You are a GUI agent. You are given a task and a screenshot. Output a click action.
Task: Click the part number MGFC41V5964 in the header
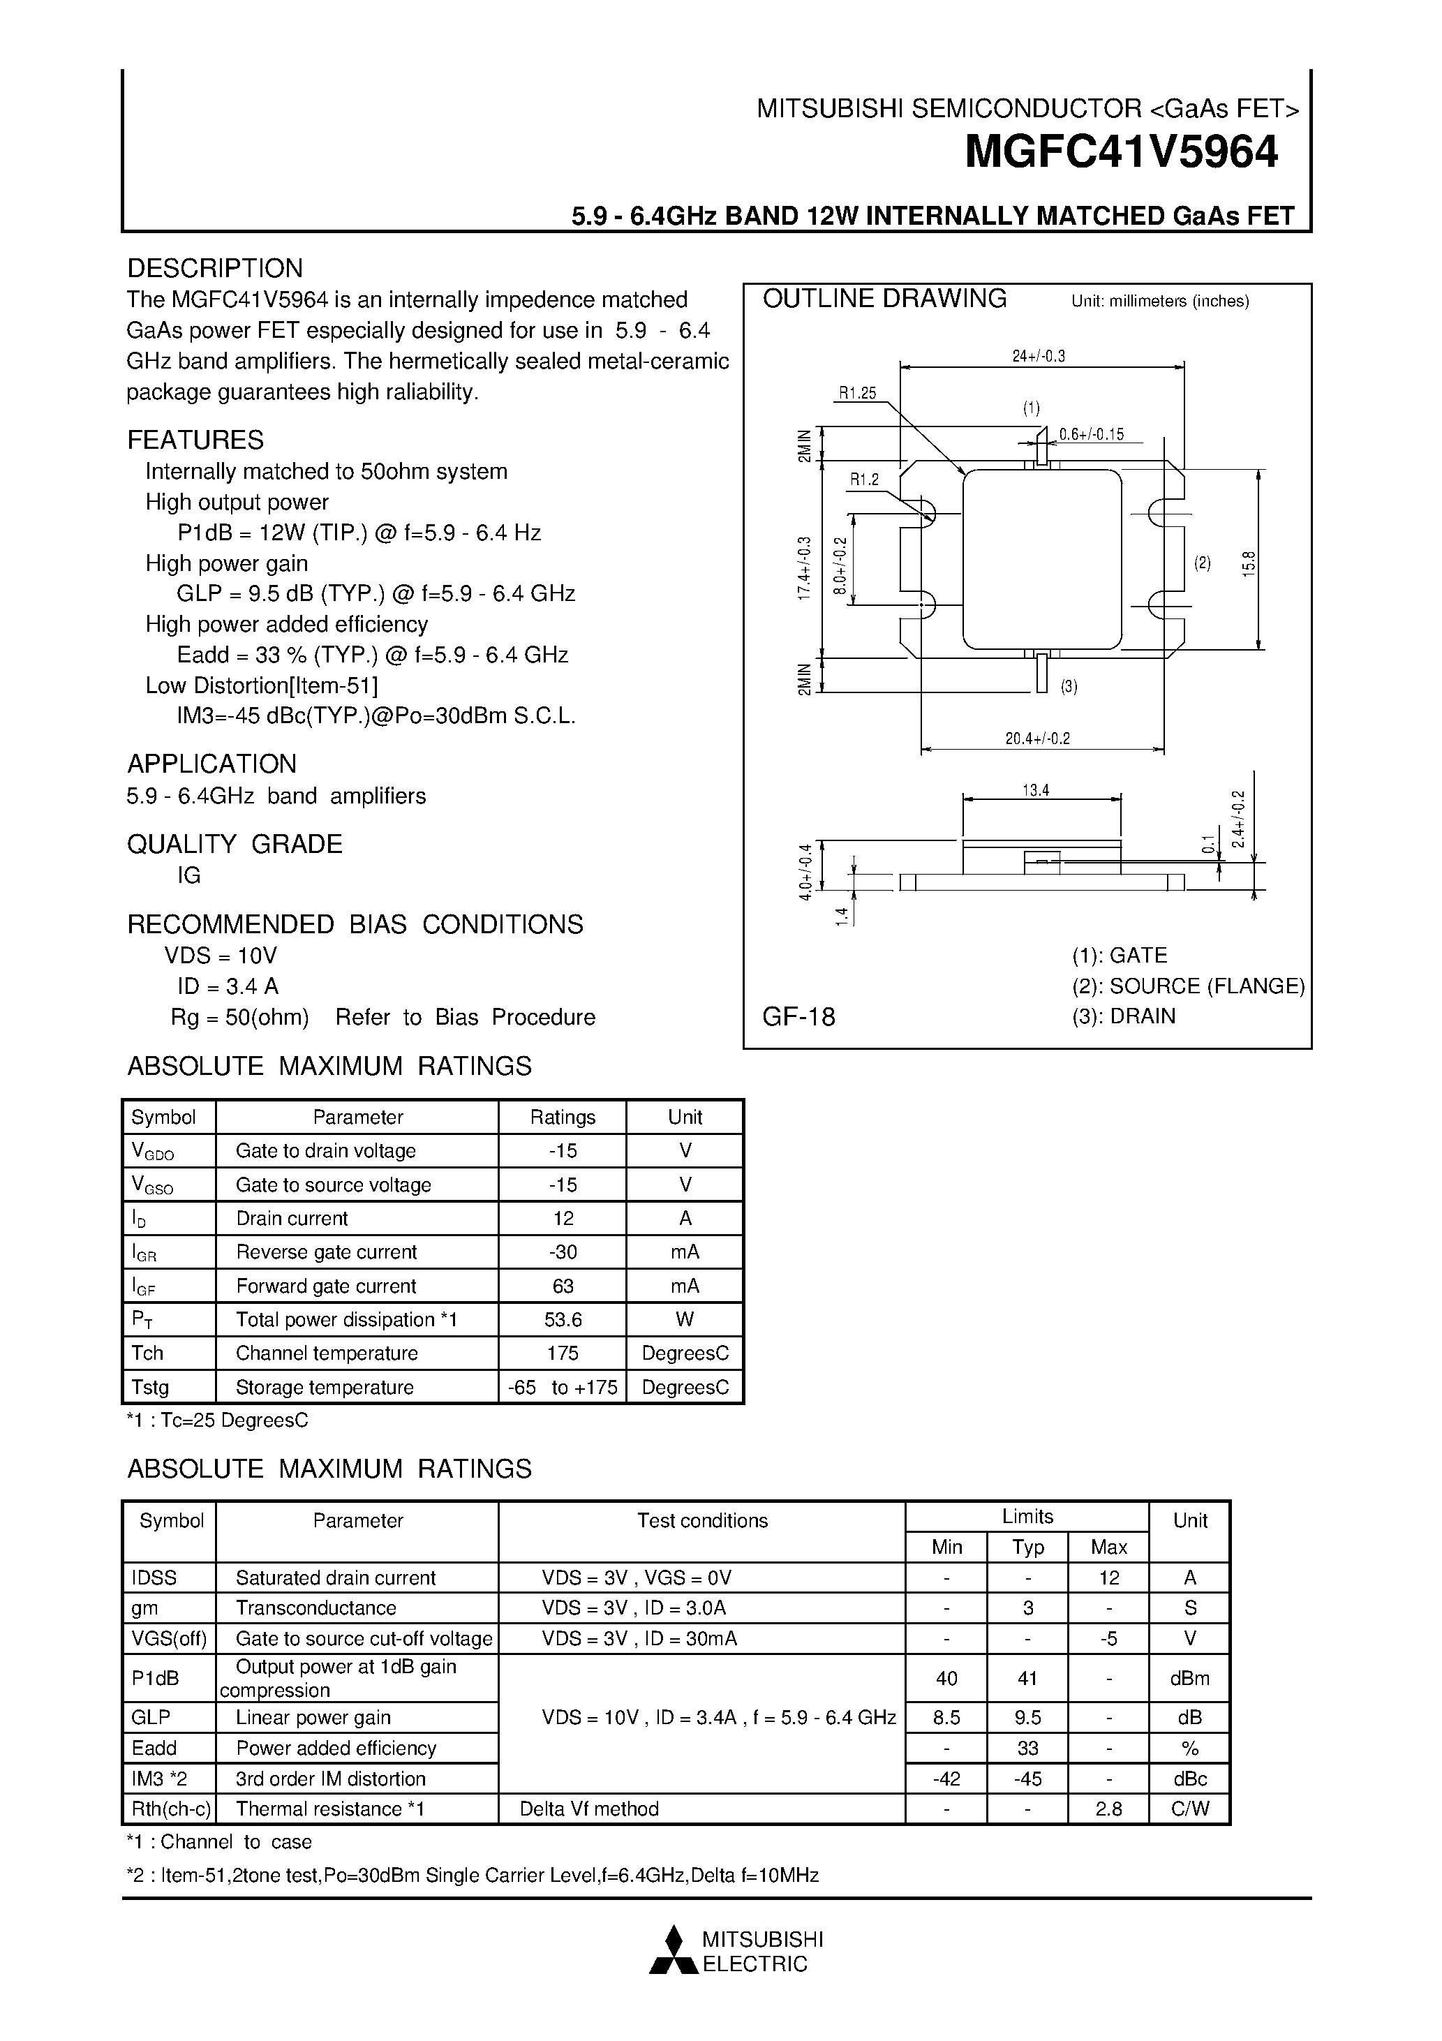click(x=1121, y=152)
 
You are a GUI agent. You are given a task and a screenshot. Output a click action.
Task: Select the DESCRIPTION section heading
click(x=214, y=269)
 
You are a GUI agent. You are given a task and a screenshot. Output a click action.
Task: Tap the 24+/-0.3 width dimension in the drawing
click(x=1039, y=357)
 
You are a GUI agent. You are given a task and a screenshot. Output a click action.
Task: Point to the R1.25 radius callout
click(x=857, y=394)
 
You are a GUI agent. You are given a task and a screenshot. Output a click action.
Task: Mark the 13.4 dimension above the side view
click(x=1036, y=790)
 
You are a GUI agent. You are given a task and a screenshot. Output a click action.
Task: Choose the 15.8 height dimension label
click(x=1249, y=563)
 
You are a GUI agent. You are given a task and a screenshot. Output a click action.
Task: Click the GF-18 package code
click(x=798, y=1017)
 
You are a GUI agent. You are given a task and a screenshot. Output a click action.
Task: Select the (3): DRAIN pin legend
click(x=1123, y=1016)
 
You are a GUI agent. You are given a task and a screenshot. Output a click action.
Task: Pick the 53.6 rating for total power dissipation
click(x=563, y=1320)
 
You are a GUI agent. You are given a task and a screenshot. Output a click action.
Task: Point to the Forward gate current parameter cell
click(x=325, y=1286)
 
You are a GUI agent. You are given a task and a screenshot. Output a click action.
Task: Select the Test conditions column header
click(x=701, y=1521)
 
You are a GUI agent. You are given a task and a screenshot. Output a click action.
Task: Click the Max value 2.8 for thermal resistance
click(x=1108, y=1809)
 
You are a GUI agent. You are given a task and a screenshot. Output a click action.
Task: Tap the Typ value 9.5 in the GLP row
click(x=1027, y=1717)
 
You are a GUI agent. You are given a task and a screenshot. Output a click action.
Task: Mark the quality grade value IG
click(x=188, y=875)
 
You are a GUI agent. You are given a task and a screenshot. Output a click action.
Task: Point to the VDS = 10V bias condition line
click(x=221, y=956)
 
